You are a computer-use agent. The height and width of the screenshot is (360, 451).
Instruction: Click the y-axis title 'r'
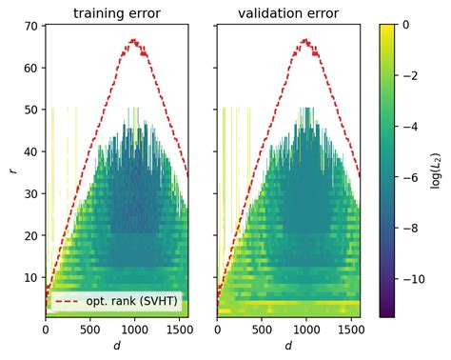(12, 170)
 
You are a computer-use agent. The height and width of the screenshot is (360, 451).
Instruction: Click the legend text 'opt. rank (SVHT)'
(137, 302)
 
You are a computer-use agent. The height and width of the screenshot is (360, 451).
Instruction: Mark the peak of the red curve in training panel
(134, 40)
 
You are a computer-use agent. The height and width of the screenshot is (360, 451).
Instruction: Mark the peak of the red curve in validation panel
(306, 40)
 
